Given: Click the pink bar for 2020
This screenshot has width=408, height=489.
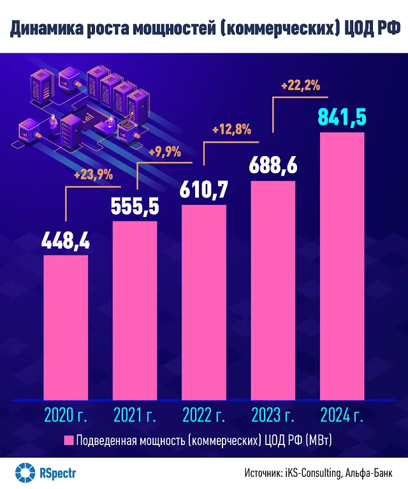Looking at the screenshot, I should coord(65,328).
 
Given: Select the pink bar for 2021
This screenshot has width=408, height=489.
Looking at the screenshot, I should coord(135,311).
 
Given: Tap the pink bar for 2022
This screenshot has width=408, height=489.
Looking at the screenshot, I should coord(203,302).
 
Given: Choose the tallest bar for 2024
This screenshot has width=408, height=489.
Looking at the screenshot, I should coord(342,266).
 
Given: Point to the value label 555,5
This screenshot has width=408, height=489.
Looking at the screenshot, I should coord(135,207).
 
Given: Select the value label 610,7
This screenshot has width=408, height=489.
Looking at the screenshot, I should coord(203,190).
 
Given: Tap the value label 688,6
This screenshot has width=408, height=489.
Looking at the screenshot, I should coord(273,166).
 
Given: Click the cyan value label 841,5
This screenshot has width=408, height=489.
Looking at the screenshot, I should coord(342,118).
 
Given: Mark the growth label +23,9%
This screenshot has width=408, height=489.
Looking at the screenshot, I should coord(94,174).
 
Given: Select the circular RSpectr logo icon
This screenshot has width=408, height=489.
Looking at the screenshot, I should coord(24,472).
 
